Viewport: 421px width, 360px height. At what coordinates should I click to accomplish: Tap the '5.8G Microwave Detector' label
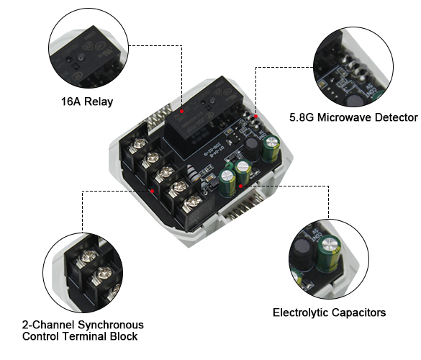[x=353, y=117]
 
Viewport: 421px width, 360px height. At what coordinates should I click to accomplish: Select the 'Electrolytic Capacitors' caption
[x=329, y=312]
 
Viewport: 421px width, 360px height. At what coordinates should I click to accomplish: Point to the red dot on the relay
[x=184, y=112]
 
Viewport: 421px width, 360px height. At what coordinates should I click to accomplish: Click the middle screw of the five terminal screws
[x=166, y=172]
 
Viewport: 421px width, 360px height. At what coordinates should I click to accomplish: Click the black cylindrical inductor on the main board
[x=252, y=146]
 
